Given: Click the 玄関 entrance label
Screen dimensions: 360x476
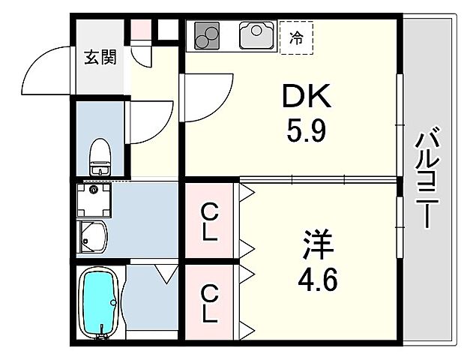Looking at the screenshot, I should point(100,57).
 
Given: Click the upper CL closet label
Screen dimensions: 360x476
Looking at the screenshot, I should point(210,221).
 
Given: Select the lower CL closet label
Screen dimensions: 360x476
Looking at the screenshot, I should point(210,301).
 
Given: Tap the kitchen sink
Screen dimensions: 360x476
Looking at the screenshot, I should point(258,34).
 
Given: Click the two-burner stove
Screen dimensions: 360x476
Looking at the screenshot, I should point(208,34).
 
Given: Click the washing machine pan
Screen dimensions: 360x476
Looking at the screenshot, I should point(92,199).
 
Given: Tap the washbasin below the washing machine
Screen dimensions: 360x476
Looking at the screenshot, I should point(92,236).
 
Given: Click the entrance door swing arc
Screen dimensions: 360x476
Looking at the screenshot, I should point(46,71).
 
